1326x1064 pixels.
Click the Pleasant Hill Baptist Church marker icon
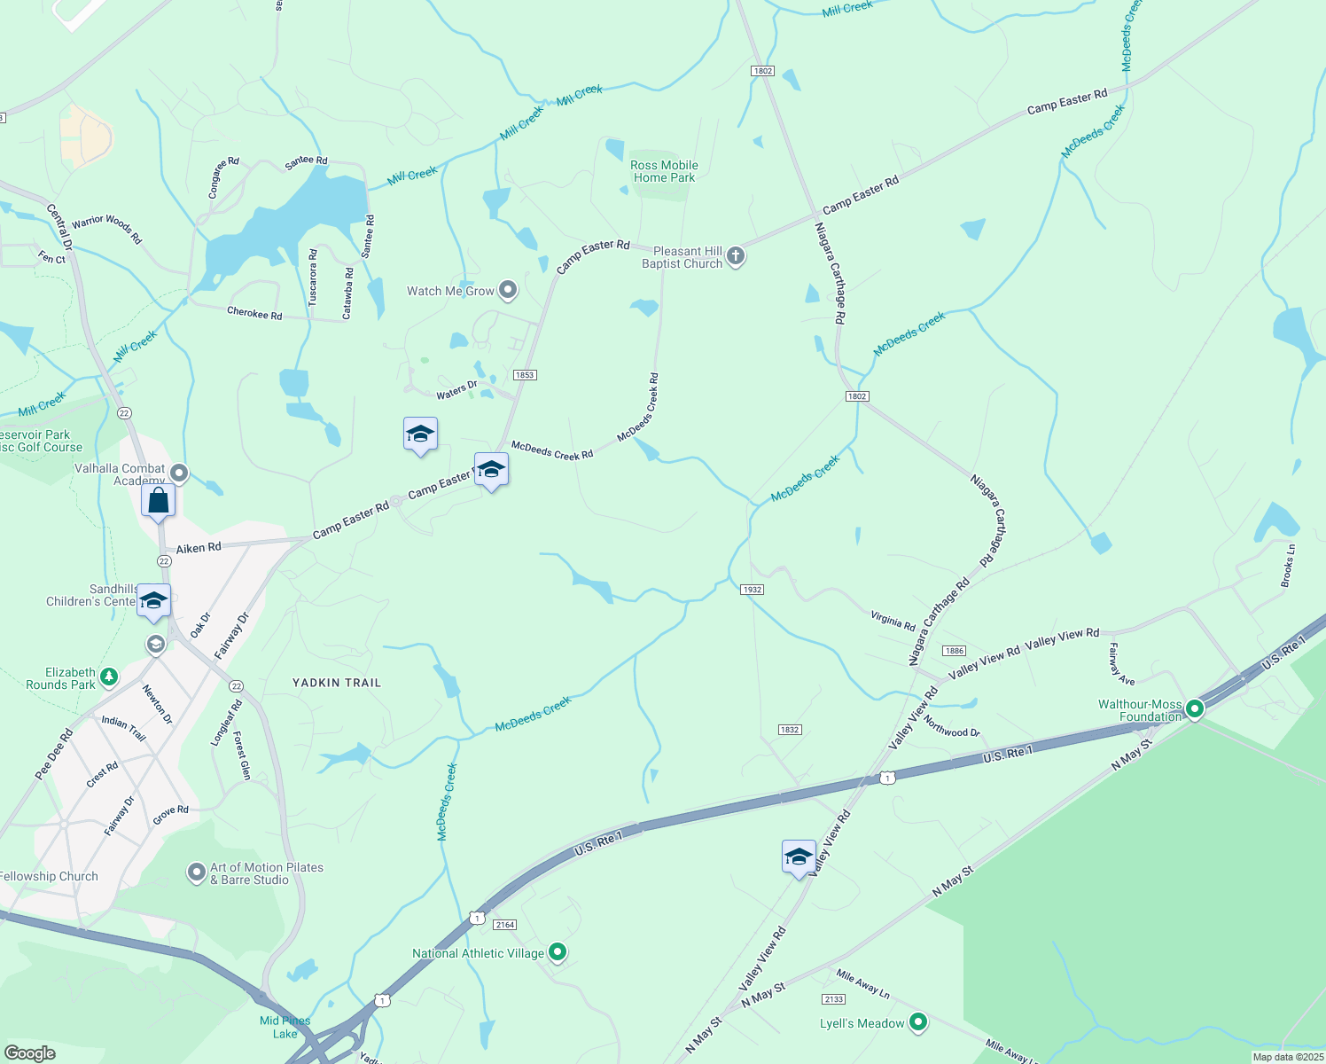pos(735,257)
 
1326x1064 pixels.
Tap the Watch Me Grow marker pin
pos(508,290)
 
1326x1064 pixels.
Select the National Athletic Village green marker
pos(558,952)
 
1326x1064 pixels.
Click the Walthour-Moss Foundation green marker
pos(1195,709)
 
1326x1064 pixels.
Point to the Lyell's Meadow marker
pos(918,1022)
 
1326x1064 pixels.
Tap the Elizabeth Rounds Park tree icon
pos(109,678)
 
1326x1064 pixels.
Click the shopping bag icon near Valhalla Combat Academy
pos(159,501)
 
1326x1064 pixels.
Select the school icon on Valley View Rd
pos(799,857)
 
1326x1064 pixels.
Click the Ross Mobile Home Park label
pos(664,171)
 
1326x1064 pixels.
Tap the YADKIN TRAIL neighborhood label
pos(337,683)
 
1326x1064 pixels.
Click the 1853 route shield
pos(525,375)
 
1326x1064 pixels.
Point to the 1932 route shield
pos(752,590)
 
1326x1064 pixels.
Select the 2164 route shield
pos(505,925)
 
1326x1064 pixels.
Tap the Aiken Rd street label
pos(199,548)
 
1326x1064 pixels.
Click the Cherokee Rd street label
pos(254,313)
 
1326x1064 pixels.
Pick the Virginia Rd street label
pos(893,621)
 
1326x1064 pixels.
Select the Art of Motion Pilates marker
pos(197,873)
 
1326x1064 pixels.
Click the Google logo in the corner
pos(29,1052)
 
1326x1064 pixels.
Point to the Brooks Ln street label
pos(1288,566)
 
